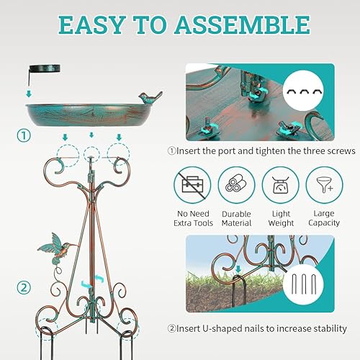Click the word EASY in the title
coord(94,26)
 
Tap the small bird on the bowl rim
coord(150,98)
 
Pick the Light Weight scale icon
coord(281,186)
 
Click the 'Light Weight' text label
coord(281,218)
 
